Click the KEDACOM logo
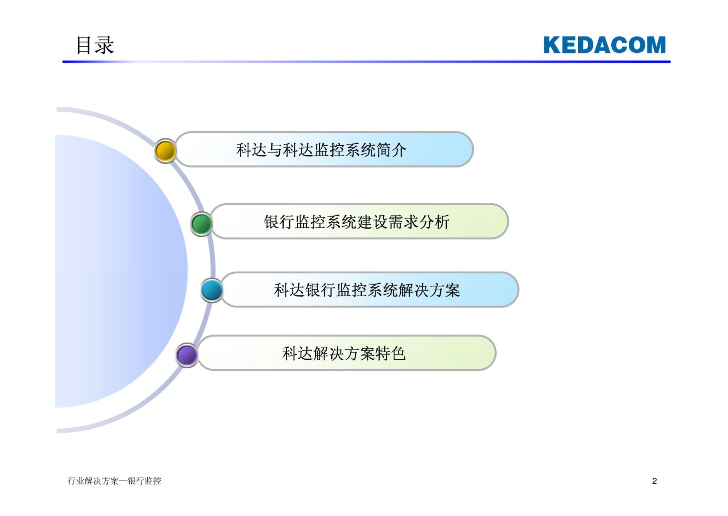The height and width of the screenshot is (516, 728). tap(605, 45)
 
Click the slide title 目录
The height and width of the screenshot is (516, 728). tap(95, 45)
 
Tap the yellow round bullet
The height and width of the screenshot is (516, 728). tap(166, 151)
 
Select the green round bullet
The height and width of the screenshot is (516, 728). tap(201, 224)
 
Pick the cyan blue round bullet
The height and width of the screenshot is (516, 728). tap(212, 290)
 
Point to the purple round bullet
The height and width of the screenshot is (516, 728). tap(187, 355)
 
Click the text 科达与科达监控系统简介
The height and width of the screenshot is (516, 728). tap(321, 150)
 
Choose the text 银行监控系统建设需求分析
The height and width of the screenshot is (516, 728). tap(357, 222)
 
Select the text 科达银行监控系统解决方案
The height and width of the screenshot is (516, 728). tap(367, 290)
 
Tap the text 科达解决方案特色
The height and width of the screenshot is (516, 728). tap(344, 353)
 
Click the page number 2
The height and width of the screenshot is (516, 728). tap(654, 481)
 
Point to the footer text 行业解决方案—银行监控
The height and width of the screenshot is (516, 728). tap(114, 481)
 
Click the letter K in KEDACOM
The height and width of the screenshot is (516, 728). tap(552, 45)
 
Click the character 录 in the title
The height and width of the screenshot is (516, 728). tap(104, 45)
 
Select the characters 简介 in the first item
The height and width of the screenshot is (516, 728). tap(391, 150)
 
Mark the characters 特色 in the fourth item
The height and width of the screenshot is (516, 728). tap(390, 353)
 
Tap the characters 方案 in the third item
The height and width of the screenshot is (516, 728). tap(444, 290)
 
